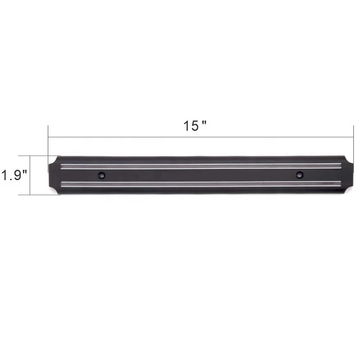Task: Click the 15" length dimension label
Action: click(194, 126)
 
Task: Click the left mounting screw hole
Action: click(101, 175)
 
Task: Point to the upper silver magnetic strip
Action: click(200, 166)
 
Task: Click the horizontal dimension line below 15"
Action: click(200, 137)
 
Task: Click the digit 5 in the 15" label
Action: click(193, 126)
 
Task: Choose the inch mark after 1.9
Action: click(25, 171)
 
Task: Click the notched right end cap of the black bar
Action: click(347, 175)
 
